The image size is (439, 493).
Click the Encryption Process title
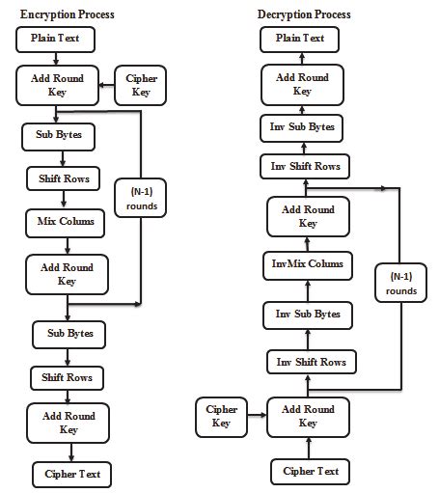[67, 14]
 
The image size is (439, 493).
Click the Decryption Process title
[304, 14]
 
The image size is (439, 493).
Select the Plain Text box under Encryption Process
[55, 40]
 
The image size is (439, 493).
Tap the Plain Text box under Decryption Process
[301, 40]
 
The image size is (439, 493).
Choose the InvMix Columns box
[307, 263]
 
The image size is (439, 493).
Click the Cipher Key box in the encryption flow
[140, 85]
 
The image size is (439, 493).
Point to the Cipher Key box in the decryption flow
[222, 416]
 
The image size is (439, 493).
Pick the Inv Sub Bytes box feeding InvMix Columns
[307, 314]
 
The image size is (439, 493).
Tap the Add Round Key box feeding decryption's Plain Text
[302, 85]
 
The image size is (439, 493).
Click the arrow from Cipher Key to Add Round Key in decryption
[256, 417]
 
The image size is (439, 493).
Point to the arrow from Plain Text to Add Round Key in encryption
[55, 59]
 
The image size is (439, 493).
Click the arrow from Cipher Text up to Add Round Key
[309, 449]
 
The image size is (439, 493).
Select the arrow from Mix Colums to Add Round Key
[66, 245]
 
